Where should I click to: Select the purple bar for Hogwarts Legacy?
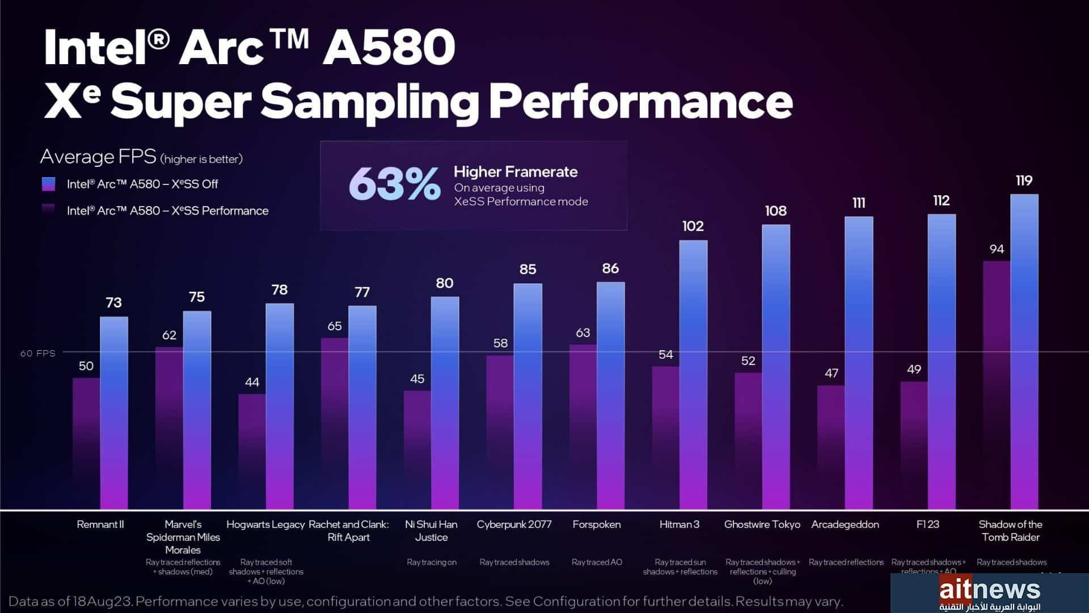[252, 451]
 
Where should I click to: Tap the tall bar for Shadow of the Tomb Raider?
[1024, 352]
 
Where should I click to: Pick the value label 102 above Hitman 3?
[693, 226]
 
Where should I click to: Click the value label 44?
[252, 382]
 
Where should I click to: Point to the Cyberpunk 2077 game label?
[514, 524]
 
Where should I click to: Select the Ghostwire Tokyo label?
[762, 524]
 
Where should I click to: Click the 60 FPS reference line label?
[38, 353]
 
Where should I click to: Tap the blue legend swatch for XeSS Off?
[49, 184]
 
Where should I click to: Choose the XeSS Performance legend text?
[167, 211]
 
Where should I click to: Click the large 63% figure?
[394, 184]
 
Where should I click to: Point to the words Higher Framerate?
[516, 171]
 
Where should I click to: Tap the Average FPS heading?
[98, 157]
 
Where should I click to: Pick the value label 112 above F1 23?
[941, 200]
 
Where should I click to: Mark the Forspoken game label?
[596, 524]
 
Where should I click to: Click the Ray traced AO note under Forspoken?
[597, 562]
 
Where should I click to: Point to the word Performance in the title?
[640, 100]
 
